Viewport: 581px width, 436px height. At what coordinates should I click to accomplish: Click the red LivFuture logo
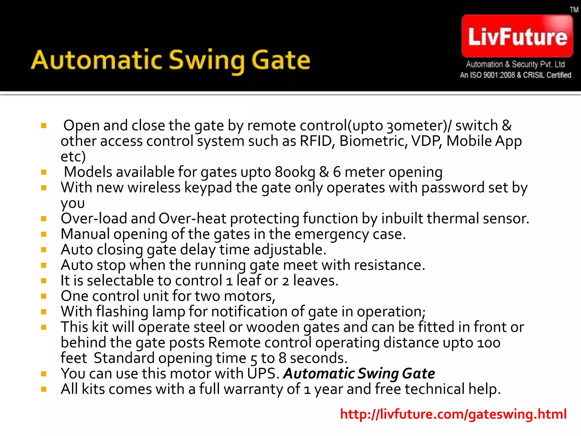517,36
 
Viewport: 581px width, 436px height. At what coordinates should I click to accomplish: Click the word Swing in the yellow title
207,60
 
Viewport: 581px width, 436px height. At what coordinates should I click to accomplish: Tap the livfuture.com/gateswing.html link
453,414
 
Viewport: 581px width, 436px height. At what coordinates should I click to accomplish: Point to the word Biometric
373,141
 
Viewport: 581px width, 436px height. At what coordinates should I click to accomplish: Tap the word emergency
332,234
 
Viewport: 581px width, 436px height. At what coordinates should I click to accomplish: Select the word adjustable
290,250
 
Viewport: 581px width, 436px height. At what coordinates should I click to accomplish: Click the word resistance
389,265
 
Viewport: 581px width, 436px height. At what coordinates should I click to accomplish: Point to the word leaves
315,281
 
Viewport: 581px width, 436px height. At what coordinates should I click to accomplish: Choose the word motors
249,296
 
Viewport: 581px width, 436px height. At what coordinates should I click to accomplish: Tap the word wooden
273,327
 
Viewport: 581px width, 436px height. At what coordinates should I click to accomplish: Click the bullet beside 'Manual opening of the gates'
44,234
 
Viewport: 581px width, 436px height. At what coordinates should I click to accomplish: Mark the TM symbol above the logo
574,10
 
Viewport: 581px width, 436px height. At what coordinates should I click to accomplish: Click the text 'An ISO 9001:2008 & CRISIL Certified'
515,75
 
